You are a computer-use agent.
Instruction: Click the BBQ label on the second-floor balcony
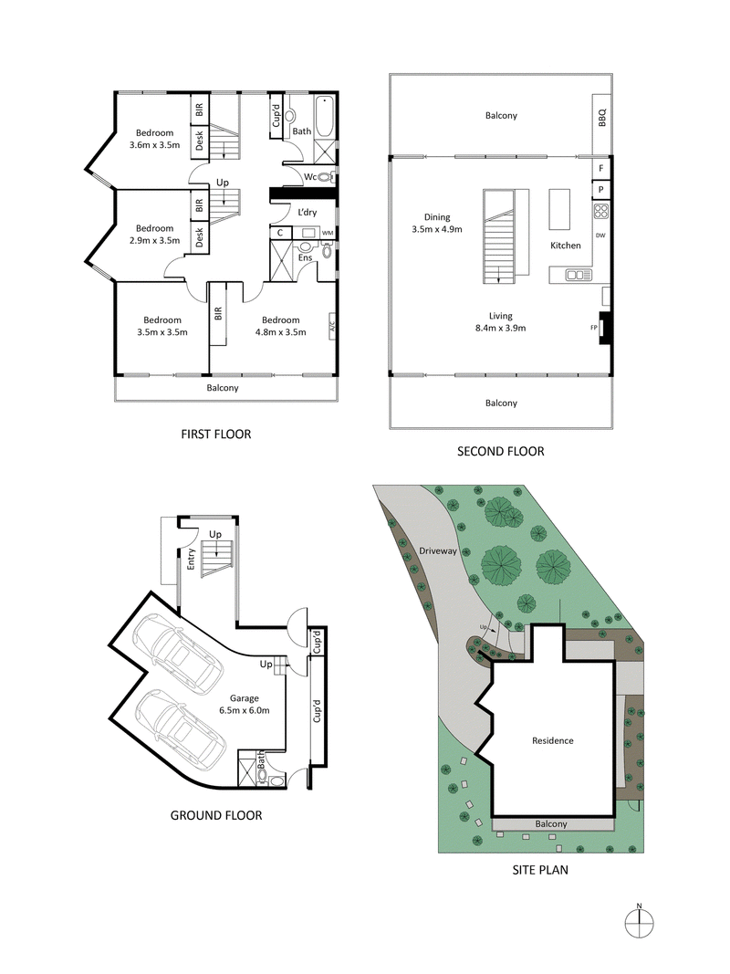click(601, 117)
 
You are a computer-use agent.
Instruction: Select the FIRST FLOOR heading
click(216, 434)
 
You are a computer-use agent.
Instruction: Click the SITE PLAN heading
click(539, 870)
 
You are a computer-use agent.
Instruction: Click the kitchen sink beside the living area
click(578, 274)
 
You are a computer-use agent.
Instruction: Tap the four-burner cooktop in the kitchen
click(601, 212)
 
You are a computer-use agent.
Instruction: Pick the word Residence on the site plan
click(553, 740)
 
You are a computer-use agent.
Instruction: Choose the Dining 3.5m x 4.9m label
click(436, 224)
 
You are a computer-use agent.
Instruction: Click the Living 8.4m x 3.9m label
click(501, 322)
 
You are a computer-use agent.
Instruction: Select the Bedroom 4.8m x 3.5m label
click(280, 326)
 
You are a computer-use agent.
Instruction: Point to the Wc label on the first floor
click(309, 176)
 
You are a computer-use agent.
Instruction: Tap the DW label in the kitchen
click(600, 236)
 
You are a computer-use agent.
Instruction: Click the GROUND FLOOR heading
click(216, 814)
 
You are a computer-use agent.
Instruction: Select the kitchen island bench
click(558, 210)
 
